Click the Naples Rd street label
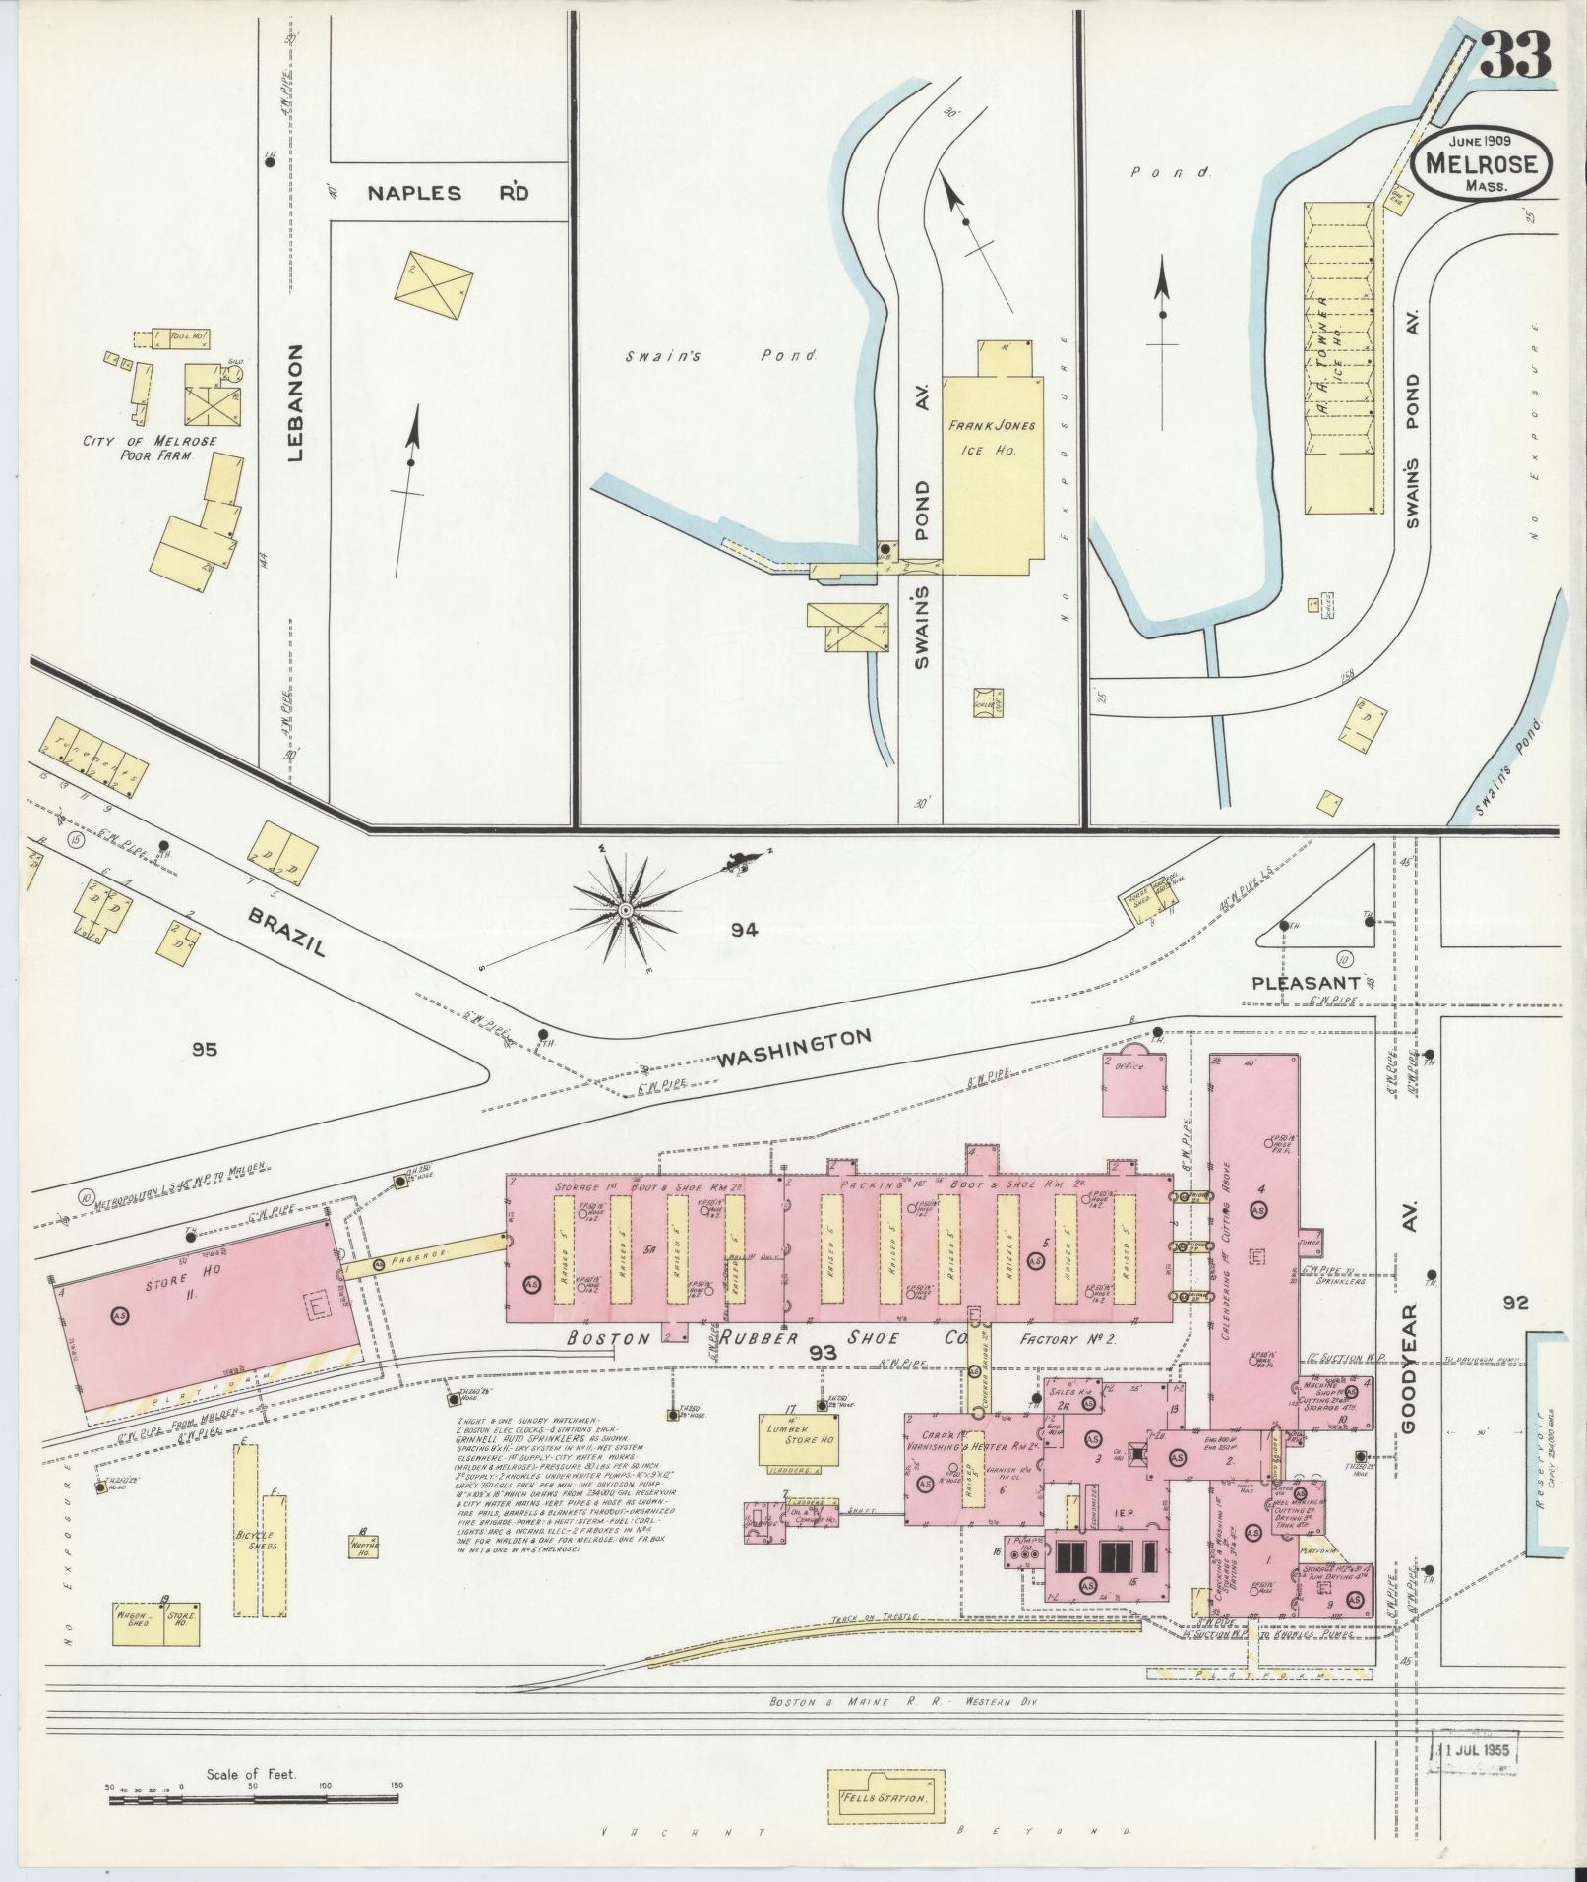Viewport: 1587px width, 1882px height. (x=448, y=193)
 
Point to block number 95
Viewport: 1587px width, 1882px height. (x=204, y=1049)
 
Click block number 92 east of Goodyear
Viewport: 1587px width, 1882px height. (x=1515, y=1303)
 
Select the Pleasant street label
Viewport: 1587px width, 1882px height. (x=1306, y=983)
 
